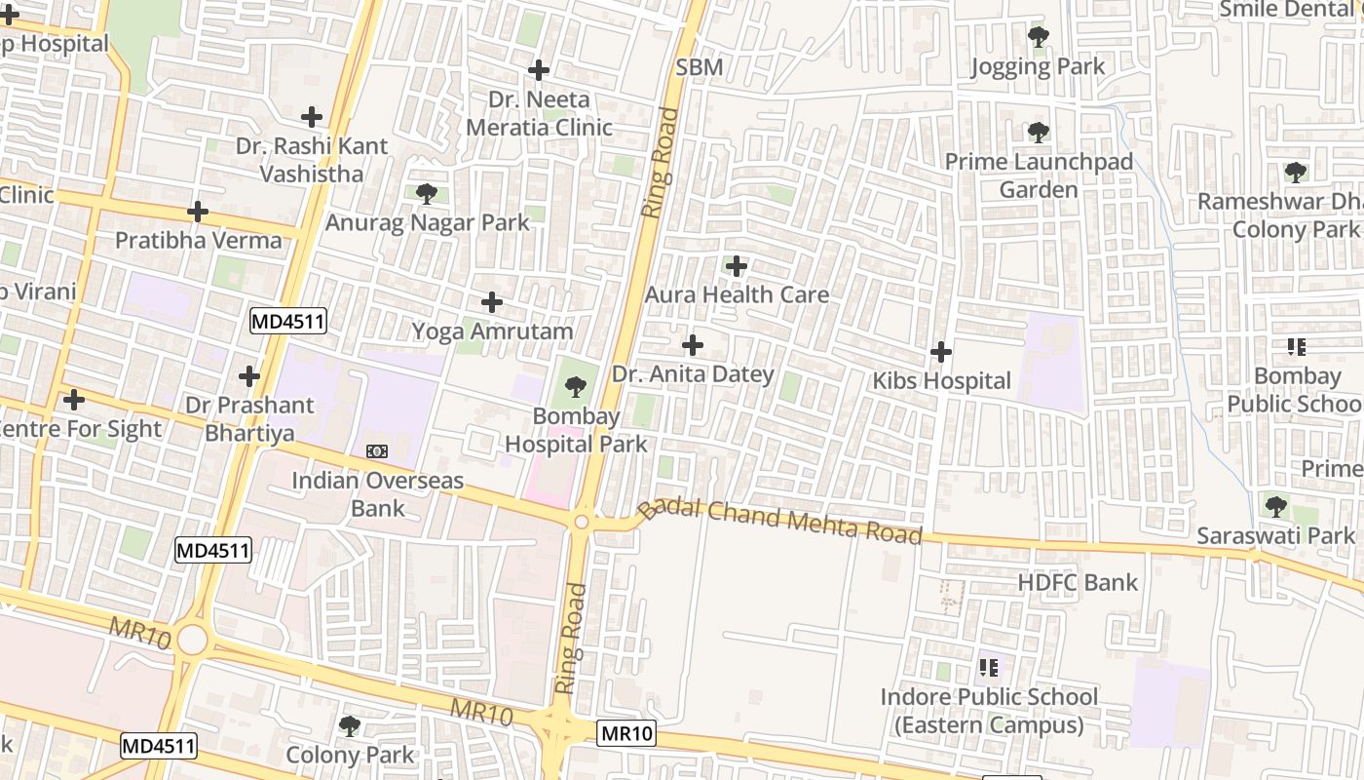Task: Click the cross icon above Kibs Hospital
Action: [x=941, y=351]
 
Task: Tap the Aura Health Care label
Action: [x=737, y=294]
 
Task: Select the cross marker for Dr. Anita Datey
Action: [x=693, y=345]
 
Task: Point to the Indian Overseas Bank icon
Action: [x=377, y=451]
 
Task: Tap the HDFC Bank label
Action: [x=1078, y=583]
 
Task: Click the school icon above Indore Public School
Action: [x=989, y=668]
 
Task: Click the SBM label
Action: [x=700, y=67]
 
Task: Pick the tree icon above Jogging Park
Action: [x=1039, y=38]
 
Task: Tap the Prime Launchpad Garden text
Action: [x=1039, y=175]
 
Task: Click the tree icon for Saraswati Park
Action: [x=1275, y=507]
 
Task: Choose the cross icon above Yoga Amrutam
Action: [x=493, y=302]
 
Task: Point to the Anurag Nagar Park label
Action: [x=427, y=222]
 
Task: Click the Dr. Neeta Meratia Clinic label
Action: [x=539, y=113]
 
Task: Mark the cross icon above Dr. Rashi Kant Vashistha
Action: [x=312, y=117]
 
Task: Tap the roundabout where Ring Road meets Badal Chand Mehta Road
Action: [x=582, y=522]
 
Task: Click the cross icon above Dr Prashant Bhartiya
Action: [x=249, y=376]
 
